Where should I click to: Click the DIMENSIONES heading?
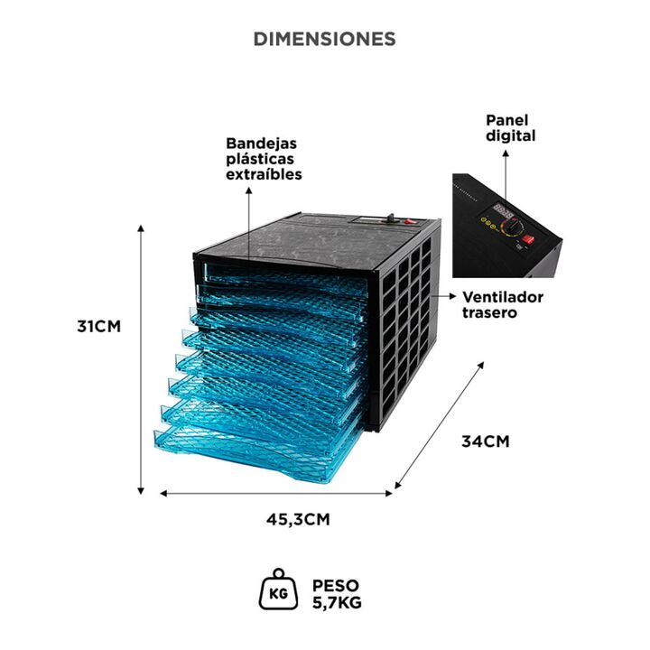click(x=324, y=39)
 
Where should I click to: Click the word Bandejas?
click(x=262, y=144)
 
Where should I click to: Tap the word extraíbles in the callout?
click(x=264, y=174)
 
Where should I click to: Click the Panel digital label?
click(x=511, y=127)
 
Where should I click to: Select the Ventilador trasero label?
click(x=503, y=304)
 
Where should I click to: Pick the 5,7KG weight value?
click(x=336, y=602)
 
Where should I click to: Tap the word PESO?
click(x=332, y=585)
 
